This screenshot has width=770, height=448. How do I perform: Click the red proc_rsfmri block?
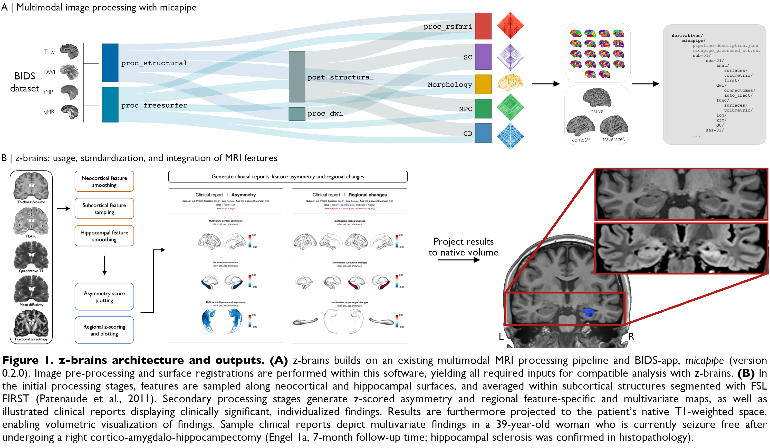point(483,26)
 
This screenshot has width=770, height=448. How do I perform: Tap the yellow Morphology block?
point(483,84)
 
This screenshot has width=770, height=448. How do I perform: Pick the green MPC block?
point(483,109)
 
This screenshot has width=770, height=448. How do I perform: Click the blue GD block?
point(483,133)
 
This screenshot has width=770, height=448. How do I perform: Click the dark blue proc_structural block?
point(110,63)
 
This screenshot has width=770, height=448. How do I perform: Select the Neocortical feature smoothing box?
point(104,181)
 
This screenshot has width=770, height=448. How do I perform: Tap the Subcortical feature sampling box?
point(104,208)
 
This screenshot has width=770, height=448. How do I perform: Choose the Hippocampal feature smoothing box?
point(104,236)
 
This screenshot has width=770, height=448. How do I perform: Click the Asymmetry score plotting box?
point(104,297)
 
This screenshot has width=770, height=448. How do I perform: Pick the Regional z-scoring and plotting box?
point(104,330)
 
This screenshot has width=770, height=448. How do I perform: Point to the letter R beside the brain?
point(631,336)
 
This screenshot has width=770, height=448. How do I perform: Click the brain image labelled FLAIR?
point(31,221)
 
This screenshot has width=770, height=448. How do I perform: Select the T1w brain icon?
point(69,51)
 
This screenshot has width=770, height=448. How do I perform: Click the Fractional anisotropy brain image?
point(31,323)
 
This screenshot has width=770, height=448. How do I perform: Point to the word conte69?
point(581,140)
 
